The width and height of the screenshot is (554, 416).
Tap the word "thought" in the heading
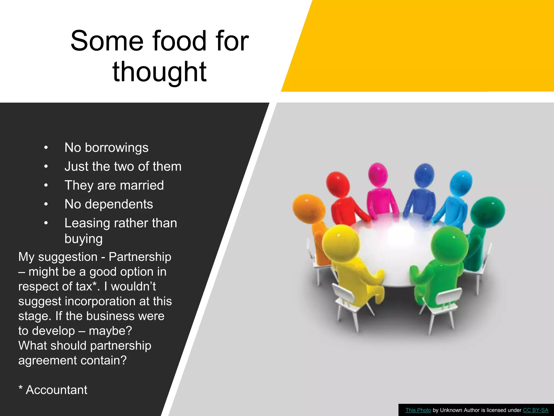point(160,72)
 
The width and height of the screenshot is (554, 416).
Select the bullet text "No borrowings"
point(106,148)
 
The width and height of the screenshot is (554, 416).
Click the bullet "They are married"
point(114,185)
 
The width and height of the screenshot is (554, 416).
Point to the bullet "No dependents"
point(108,204)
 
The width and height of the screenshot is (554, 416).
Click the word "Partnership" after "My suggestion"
point(140,257)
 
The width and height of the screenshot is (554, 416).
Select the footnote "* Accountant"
point(53,390)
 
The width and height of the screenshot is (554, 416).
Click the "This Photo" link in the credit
point(418,410)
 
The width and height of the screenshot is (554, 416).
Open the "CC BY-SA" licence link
point(535,410)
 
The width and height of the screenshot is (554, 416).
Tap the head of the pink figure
point(378,174)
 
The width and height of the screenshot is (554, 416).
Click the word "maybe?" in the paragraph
point(110,331)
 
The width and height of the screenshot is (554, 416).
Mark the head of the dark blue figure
point(424,175)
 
